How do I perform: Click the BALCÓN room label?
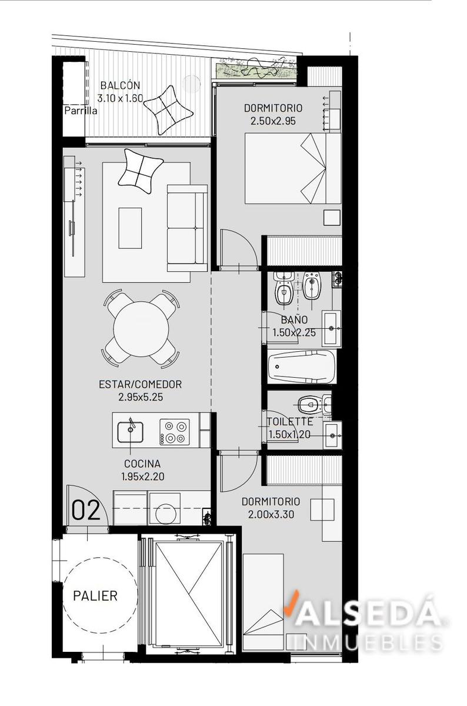coord(120,85)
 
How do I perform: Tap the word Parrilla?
coord(81,111)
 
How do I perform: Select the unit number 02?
coord(86,510)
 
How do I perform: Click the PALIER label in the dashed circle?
coord(95,595)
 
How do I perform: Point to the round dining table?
coord(141,329)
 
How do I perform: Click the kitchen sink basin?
coord(130,432)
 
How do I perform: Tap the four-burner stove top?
coord(175,432)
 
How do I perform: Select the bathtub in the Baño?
coord(302,367)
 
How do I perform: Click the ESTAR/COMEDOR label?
coord(140,384)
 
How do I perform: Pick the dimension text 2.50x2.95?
coord(273,121)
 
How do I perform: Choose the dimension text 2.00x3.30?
coord(271,514)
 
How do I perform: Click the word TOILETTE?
coord(290,422)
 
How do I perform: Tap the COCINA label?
coord(142,464)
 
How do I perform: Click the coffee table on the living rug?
coord(130,228)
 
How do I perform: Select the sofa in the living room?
coord(187,228)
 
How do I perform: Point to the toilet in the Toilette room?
coord(311,405)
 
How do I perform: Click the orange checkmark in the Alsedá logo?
coord(291,602)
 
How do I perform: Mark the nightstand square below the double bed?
coord(332,218)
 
